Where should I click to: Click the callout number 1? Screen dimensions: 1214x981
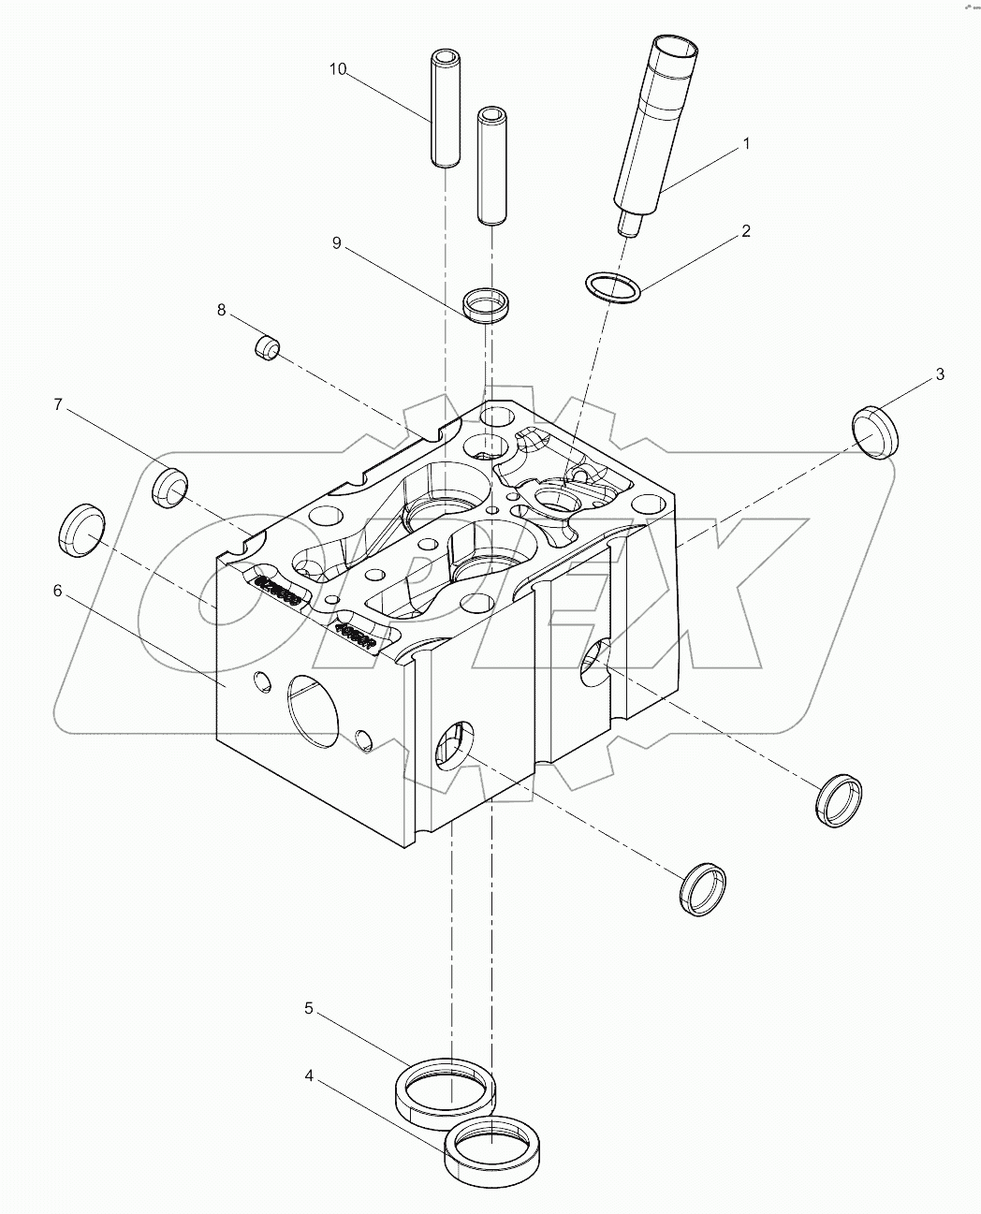click(746, 144)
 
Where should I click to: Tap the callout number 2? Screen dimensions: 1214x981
click(746, 231)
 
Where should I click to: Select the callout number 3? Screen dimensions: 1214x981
click(939, 374)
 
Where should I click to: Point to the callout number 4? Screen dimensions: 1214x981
click(309, 1075)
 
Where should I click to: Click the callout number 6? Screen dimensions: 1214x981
click(57, 591)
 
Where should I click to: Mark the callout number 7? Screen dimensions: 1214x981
click(57, 404)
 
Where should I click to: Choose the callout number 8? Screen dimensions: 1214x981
click(222, 310)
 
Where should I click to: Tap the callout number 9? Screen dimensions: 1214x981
click(336, 243)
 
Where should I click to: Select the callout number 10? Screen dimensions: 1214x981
click(338, 69)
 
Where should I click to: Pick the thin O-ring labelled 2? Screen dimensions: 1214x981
click(613, 287)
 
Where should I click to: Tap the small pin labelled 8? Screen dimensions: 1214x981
click(268, 347)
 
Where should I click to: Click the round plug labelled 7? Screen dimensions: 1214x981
click(169, 487)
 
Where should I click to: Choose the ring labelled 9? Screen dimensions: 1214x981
click(488, 305)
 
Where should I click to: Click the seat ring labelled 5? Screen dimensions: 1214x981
click(443, 1088)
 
